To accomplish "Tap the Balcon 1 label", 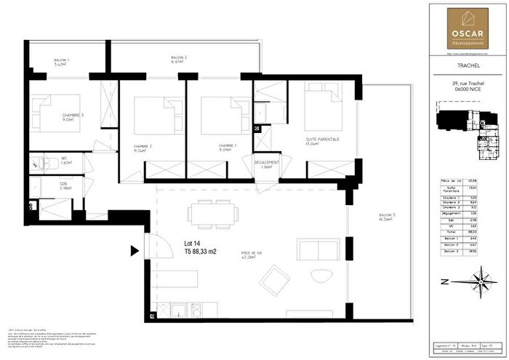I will [61, 61].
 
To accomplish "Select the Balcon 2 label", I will [179, 59].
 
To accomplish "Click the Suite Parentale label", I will [323, 141].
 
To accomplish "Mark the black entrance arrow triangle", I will [135, 252].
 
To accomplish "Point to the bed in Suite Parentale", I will [323, 109].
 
